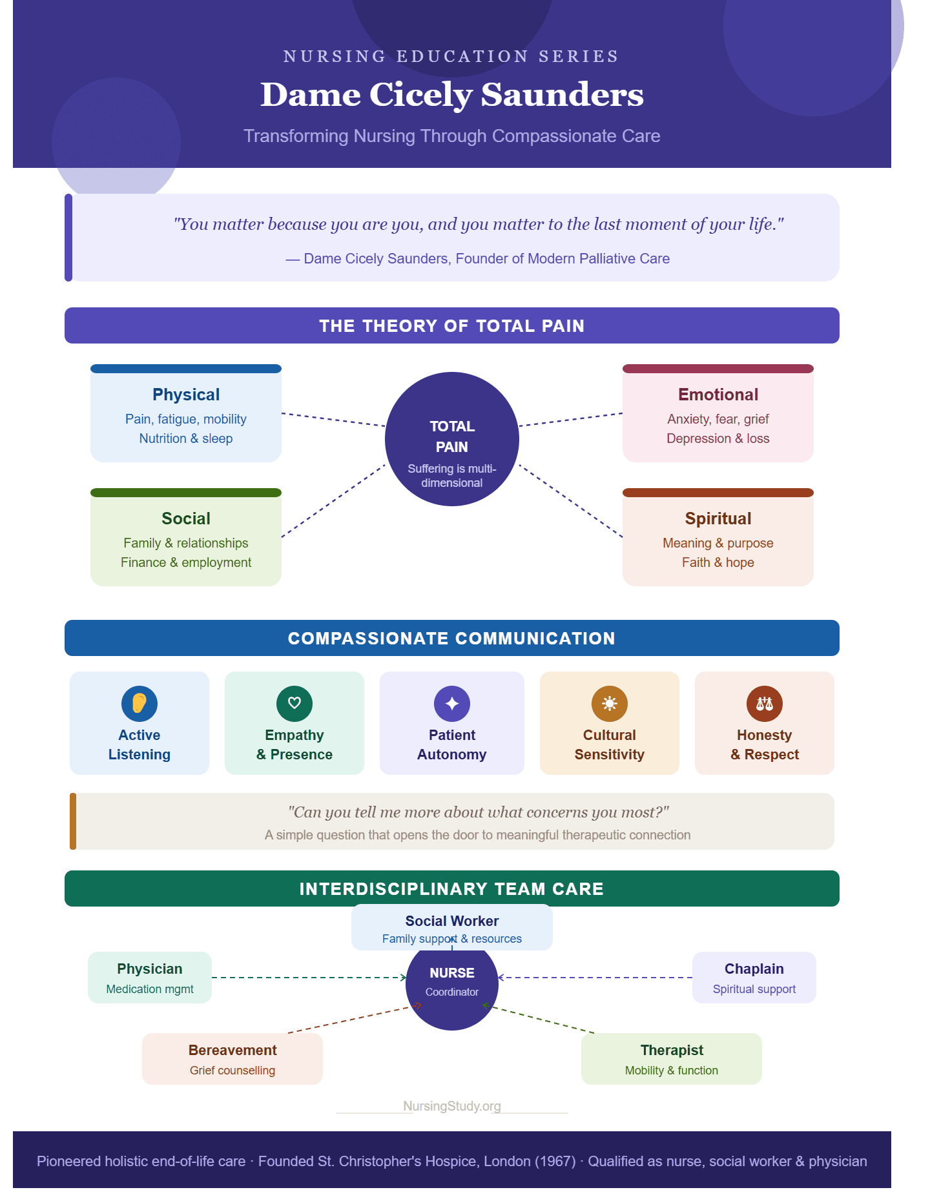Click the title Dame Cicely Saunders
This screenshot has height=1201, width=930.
point(452,95)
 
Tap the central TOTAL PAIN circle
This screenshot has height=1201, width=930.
point(452,439)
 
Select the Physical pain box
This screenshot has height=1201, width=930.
point(186,413)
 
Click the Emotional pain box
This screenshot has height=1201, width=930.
point(718,413)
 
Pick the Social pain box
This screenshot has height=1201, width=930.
point(186,537)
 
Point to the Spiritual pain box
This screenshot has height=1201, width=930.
point(718,537)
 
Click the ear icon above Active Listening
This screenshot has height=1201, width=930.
point(139,703)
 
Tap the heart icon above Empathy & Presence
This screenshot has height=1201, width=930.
point(294,703)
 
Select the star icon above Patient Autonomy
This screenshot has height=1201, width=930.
point(452,703)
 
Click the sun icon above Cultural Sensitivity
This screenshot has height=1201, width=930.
point(610,703)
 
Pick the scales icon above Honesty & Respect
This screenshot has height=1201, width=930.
point(765,703)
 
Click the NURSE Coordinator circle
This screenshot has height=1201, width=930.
point(452,984)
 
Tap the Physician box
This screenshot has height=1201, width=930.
point(150,978)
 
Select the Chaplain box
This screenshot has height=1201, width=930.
point(754,978)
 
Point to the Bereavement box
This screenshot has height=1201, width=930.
point(232,1059)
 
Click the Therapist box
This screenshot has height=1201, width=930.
point(672,1059)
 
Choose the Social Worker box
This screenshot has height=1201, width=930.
point(452,928)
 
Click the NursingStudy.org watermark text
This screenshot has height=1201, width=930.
point(452,1106)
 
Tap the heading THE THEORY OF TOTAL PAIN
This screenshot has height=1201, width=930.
point(452,326)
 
